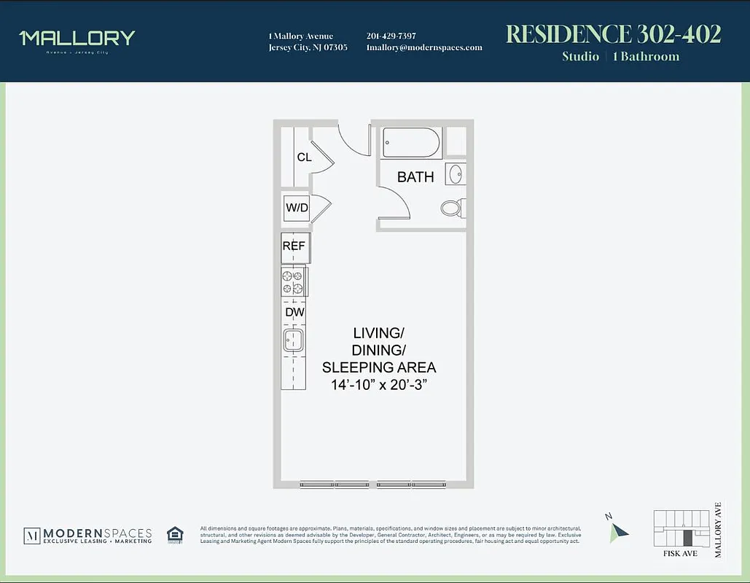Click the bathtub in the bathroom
point(412,143)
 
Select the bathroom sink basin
point(455,174)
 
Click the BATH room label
point(415,177)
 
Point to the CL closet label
point(304,157)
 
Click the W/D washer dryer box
point(297,208)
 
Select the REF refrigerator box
point(294,246)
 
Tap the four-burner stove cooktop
point(293,282)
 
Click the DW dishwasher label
point(294,313)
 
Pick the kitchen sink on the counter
point(294,340)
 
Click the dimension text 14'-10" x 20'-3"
point(379,384)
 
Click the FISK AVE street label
point(681,554)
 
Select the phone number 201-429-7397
point(391,36)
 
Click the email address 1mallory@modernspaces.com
point(424,47)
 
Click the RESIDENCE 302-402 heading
point(613,34)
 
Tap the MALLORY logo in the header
point(77,38)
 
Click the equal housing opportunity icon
point(175,535)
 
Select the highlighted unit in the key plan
point(687,539)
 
